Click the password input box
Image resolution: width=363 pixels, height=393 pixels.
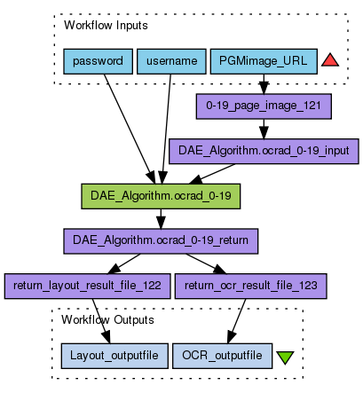pos(98,61)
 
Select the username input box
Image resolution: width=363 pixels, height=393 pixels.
pos(171,61)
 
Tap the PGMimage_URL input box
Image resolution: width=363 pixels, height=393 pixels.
pos(264,61)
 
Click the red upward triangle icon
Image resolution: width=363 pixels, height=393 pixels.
pos(330,60)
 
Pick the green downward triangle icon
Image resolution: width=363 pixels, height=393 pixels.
pos(285,358)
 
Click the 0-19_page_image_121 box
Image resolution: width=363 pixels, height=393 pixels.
pos(264,106)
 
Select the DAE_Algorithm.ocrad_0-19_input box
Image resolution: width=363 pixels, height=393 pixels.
pos(264,151)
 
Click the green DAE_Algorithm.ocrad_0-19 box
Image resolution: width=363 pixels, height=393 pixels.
pos(161,196)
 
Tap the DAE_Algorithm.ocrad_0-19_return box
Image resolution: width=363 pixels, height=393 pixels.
pos(161,241)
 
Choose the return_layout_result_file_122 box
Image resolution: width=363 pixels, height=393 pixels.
pos(87,286)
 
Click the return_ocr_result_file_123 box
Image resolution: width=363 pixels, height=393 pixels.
pos(251,286)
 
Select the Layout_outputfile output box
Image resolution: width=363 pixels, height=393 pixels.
pos(114,356)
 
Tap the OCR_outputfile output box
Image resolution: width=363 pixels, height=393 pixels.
pos(222,356)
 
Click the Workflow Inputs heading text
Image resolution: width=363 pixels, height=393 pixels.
pos(106,26)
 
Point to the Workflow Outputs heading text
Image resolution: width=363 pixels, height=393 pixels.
pos(107,320)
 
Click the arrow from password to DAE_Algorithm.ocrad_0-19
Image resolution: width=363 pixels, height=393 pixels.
pos(130,129)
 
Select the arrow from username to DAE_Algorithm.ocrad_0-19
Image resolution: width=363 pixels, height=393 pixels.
pos(166,129)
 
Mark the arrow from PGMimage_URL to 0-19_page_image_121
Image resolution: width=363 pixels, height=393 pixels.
pos(264,84)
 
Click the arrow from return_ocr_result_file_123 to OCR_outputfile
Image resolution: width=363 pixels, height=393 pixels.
pos(237,321)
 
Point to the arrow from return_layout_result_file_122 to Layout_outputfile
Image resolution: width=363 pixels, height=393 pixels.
pos(101,321)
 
